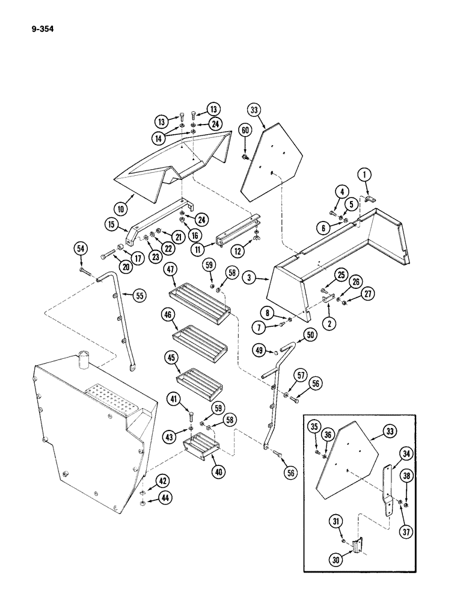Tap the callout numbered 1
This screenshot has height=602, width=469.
coord(364,176)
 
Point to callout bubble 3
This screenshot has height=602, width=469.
coord(248,278)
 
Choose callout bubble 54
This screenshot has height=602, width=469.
coord(79,248)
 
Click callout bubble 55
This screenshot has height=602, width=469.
coord(139,296)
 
